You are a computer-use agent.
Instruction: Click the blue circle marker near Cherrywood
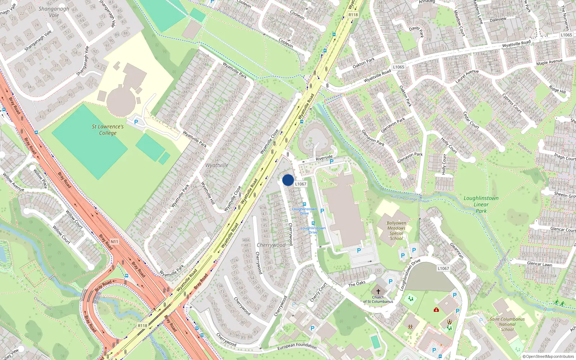coord(288,180)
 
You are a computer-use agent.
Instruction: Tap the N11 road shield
coord(114,242)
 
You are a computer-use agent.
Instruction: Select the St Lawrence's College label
coord(108,130)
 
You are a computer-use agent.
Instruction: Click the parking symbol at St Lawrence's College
coord(136,122)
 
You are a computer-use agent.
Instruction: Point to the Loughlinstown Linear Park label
coord(481,204)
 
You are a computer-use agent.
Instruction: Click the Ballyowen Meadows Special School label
coord(396,231)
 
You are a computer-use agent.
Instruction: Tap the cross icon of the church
coord(378,292)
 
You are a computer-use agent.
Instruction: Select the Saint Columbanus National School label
coord(507,324)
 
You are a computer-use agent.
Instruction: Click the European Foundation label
coord(297,346)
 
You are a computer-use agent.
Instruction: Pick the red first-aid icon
coord(436,310)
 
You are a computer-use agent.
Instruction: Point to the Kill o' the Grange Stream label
coord(410,198)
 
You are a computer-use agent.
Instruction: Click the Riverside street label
coord(324,158)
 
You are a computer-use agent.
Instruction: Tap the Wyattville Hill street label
coord(208,193)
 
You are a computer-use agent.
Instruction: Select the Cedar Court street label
coord(471,120)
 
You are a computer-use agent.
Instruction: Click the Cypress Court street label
coord(512,104)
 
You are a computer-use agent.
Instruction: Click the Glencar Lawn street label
coord(539,264)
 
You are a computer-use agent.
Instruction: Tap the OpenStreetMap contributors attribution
coord(548,357)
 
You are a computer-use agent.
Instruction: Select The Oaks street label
coord(356,284)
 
